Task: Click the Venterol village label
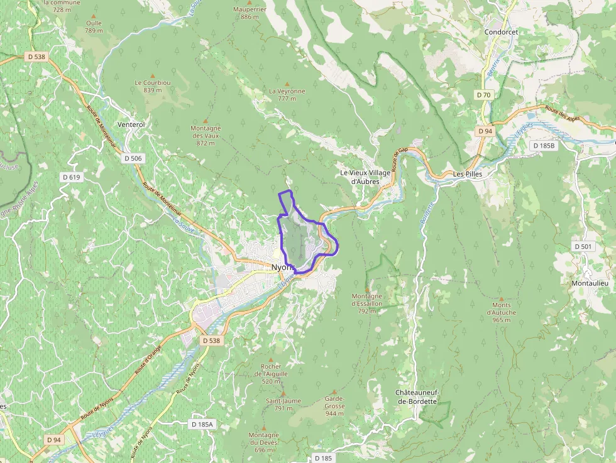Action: [x=132, y=124]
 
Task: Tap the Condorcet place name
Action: [x=500, y=31]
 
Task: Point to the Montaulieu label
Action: [x=588, y=283]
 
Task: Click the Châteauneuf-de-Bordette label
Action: [x=417, y=397]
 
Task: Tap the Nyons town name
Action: [x=282, y=268]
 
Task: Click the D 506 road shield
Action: [x=133, y=158]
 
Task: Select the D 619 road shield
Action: [x=72, y=177]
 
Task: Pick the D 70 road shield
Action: [x=483, y=95]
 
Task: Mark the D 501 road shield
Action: [x=583, y=246]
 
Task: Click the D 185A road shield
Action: [x=202, y=425]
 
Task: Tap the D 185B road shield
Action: [x=544, y=146]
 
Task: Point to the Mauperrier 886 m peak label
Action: [x=250, y=13]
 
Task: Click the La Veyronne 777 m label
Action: [x=287, y=94]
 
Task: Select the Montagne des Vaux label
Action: [x=206, y=135]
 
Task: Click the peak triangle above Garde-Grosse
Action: [x=334, y=392]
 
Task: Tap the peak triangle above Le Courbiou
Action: [x=152, y=76]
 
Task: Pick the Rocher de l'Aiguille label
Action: [x=271, y=374]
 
